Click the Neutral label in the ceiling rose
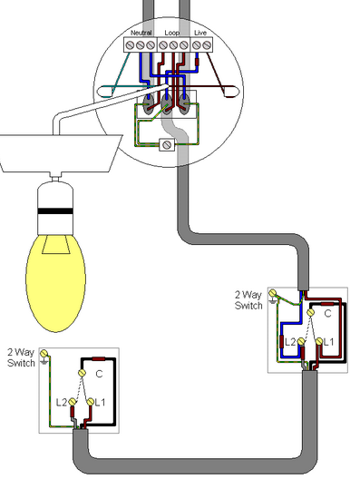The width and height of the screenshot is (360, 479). pos(141,33)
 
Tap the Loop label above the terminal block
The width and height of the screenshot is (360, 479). pos(172,33)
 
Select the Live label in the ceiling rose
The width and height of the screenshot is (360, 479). pos(200,33)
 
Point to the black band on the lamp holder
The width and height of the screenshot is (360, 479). pos(55,210)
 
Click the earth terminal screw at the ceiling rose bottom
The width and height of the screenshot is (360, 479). pos(167,144)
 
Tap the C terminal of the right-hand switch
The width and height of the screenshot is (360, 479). pos(310,312)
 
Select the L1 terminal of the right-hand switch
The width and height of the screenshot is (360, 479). pos(319,341)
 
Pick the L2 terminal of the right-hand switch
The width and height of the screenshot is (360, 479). pos(301,341)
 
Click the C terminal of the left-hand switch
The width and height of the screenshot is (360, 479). pos(82,373)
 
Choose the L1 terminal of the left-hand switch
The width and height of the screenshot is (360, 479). pos(90,402)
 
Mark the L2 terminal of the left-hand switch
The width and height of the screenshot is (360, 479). pos(72,402)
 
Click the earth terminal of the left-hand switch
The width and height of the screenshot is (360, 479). pos(44,354)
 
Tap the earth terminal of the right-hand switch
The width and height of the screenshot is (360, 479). pos(272,294)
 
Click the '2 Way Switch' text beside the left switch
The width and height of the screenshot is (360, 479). pos(21,357)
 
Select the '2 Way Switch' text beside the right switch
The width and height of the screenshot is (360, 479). pos(248,300)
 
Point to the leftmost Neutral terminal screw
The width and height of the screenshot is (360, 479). pos(130,45)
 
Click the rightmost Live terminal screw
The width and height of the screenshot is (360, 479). pos(207,45)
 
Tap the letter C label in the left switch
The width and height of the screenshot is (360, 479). pos(99,374)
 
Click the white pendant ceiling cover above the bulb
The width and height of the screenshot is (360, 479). pos(60,153)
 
